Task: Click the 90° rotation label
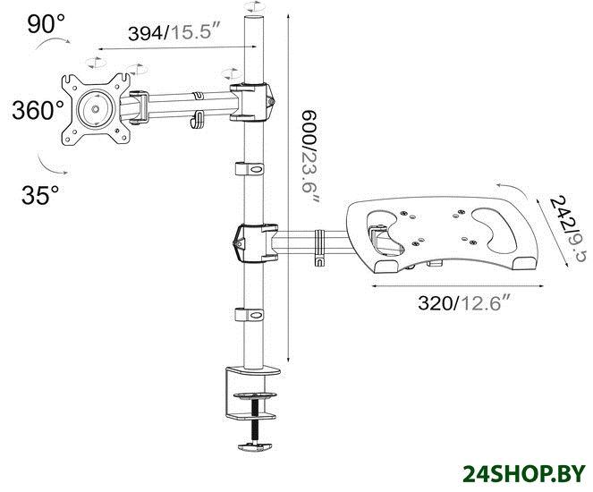(46, 24)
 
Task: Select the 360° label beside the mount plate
(38, 110)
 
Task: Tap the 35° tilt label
(40, 195)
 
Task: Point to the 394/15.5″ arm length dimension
(174, 32)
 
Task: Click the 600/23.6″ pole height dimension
(310, 157)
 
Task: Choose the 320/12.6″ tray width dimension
(465, 302)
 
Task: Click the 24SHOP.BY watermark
(524, 473)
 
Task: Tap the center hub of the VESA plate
(96, 109)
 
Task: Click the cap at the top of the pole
(254, 19)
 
